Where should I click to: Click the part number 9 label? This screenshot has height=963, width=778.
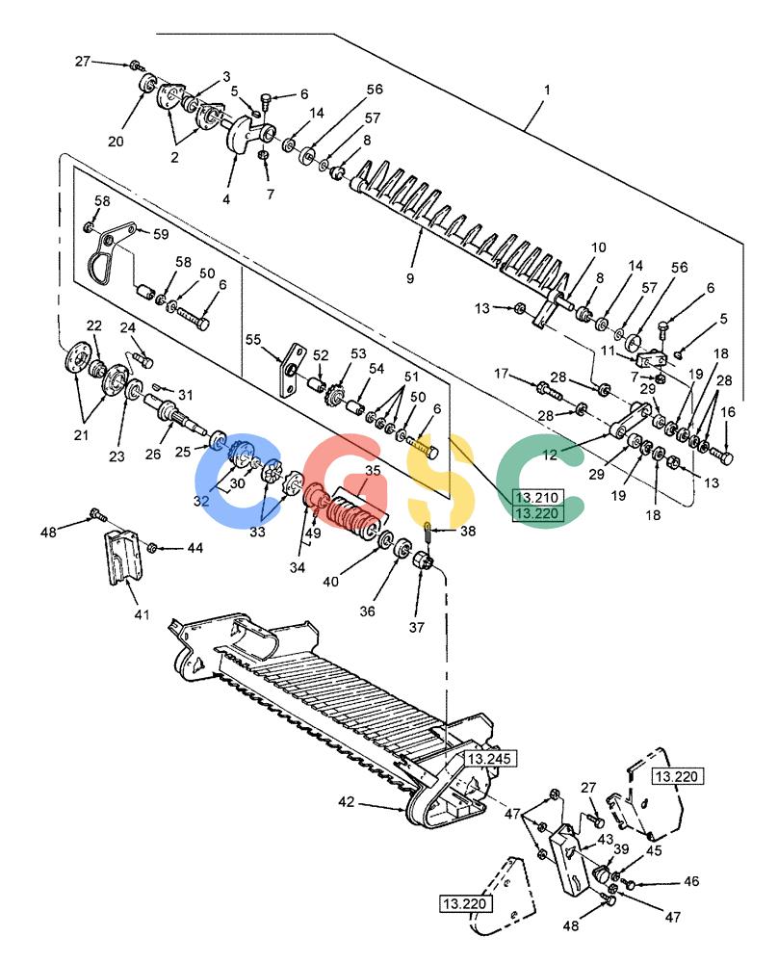410,277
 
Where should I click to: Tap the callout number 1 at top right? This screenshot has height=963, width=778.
547,90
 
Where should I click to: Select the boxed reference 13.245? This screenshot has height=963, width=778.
489,759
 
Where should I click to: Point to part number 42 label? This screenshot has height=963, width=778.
347,801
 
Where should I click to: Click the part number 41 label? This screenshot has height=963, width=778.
142,614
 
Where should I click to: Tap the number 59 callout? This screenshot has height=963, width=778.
161,234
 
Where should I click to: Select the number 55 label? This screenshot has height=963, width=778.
253,340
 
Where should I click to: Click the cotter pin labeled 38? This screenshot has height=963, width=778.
428,532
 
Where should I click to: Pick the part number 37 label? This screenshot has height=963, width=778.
416,627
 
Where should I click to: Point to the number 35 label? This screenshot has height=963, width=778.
373,471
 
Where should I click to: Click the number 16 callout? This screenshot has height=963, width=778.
728,412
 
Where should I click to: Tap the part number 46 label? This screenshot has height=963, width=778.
691,881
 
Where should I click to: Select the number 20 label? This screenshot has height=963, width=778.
116,142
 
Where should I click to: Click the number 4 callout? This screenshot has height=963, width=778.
226,199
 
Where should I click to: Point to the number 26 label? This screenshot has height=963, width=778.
153,454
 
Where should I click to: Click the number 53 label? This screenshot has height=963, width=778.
358,353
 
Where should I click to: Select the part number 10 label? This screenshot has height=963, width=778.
599,247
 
